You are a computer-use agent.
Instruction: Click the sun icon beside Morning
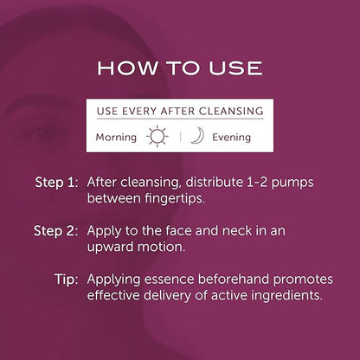pyautogui.click(x=157, y=136)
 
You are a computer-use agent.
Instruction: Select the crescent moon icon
pyautogui.click(x=198, y=136)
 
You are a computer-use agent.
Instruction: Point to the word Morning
pyautogui.click(x=116, y=138)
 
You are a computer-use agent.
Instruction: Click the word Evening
pyautogui.click(x=231, y=138)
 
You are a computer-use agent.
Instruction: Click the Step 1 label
pyautogui.click(x=56, y=183)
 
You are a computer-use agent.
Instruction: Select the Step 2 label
pyautogui.click(x=56, y=231)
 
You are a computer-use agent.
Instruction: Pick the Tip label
pyautogui.click(x=67, y=280)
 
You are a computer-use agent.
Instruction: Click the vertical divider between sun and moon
pyautogui.click(x=180, y=137)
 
